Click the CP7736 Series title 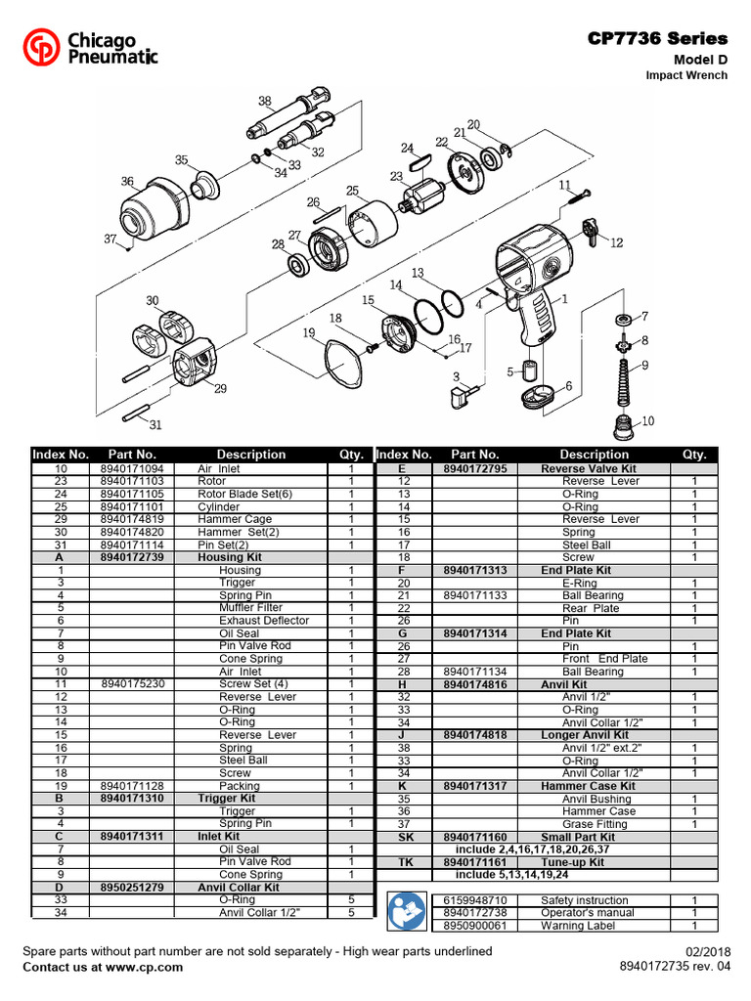point(657,38)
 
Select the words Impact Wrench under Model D point(686,75)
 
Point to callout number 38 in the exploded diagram point(264,101)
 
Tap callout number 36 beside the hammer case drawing point(127,181)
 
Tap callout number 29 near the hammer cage point(220,388)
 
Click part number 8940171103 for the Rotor point(133,481)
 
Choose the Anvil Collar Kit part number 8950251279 point(133,888)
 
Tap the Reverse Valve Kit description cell point(588,468)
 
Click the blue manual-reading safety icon point(404,912)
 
